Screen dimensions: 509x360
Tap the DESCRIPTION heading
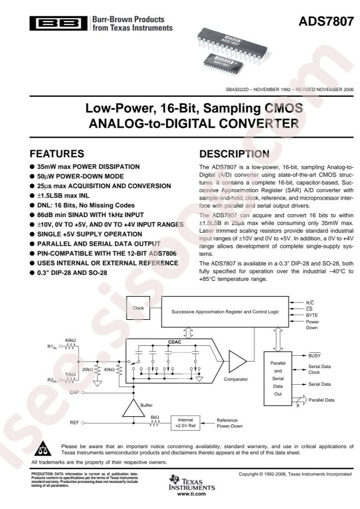(x=236, y=154)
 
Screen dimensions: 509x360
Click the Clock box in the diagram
(x=138, y=308)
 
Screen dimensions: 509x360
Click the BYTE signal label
(x=312, y=314)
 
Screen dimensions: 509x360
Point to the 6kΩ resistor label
(x=156, y=417)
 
